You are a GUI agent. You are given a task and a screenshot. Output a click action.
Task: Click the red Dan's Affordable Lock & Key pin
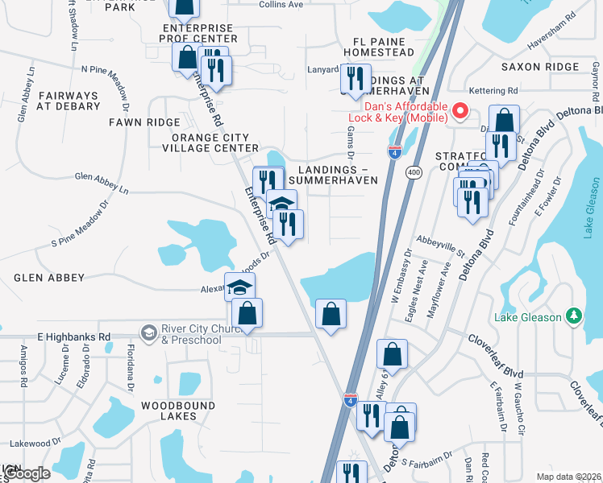[460, 111]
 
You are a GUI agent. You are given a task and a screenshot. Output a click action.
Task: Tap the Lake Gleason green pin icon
[573, 316]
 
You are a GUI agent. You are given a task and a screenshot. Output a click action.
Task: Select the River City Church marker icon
[148, 332]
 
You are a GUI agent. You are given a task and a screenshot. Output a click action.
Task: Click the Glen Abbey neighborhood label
[49, 278]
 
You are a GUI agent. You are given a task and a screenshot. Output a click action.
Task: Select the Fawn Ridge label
[145, 122]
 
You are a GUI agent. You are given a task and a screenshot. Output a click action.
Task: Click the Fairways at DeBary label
[67, 101]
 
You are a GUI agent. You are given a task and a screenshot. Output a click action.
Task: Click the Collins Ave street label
[281, 5]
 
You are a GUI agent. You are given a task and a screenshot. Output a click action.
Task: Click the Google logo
[26, 473]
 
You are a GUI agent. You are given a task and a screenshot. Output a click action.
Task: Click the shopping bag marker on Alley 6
[392, 354]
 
